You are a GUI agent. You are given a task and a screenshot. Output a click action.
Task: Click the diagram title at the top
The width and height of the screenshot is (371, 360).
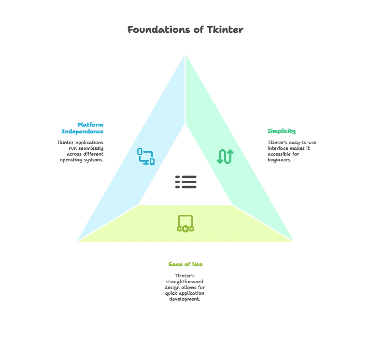click(186, 30)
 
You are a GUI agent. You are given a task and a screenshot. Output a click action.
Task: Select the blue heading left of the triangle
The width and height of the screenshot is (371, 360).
click(82, 128)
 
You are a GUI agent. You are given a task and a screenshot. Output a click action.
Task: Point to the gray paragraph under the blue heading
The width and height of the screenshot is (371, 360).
click(80, 151)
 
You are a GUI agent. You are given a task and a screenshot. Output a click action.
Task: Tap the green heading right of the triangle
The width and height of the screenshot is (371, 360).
click(282, 131)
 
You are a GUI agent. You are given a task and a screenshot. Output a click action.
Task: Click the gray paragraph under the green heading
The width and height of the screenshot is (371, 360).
click(290, 151)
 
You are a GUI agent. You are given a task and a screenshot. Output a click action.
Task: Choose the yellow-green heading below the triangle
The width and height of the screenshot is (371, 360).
click(185, 264)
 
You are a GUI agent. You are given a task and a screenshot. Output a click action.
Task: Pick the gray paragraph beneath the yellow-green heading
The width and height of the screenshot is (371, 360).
click(185, 287)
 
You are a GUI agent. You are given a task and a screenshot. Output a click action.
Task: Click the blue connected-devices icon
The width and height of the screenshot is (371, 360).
click(145, 156)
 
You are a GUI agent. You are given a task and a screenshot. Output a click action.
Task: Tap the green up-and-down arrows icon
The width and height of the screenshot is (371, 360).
click(225, 156)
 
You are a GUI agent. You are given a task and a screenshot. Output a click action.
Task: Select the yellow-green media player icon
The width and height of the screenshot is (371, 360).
click(185, 223)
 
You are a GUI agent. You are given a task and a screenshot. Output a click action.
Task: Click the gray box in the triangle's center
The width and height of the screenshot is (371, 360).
click(185, 182)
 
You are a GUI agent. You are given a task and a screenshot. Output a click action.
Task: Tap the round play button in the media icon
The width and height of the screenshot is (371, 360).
click(185, 229)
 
